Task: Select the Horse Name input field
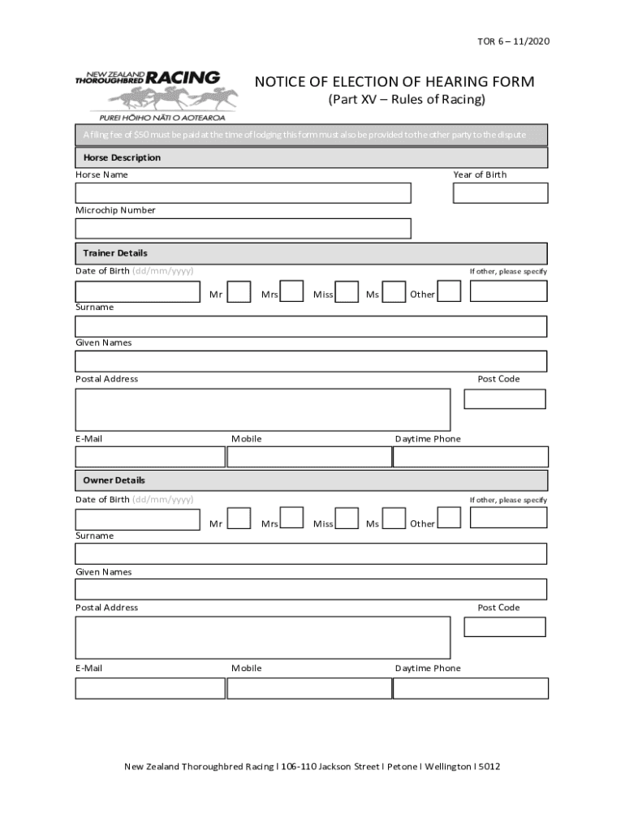point(243,193)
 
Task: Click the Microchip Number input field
point(243,229)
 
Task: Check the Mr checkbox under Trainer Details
point(239,292)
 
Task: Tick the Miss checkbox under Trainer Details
point(347,292)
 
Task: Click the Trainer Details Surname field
point(311,326)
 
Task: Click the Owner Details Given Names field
point(311,589)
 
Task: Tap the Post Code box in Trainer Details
point(504,399)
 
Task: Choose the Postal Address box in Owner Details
point(262,638)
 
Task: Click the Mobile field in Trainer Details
point(309,458)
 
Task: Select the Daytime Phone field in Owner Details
point(471,688)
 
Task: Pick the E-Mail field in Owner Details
point(150,688)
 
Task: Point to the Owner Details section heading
point(114,480)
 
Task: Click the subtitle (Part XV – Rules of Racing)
point(406,100)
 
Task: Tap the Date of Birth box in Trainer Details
point(137,291)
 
